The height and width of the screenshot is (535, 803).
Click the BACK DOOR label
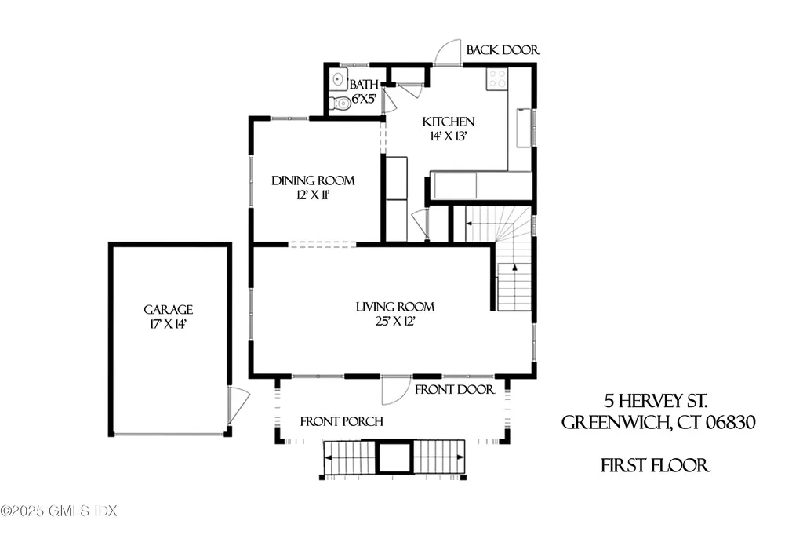(503, 50)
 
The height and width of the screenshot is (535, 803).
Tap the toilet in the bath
(341, 103)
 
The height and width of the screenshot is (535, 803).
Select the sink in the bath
(339, 78)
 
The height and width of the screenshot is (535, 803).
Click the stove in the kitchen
(496, 78)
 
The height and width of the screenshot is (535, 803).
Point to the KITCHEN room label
(449, 122)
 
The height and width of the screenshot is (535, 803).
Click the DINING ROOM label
(313, 180)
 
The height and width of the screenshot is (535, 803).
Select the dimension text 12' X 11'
(311, 195)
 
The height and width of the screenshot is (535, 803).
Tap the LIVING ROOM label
(395, 307)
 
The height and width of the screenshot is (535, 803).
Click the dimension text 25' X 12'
(395, 321)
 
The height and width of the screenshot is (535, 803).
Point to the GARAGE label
(168, 310)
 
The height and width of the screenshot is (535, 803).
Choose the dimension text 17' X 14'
(168, 324)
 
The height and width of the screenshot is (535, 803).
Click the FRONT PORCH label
(342, 422)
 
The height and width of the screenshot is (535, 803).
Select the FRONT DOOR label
(455, 389)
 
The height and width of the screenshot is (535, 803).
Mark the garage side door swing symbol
(238, 405)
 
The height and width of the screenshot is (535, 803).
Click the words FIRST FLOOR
(656, 466)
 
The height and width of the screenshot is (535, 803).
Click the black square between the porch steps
(394, 457)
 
